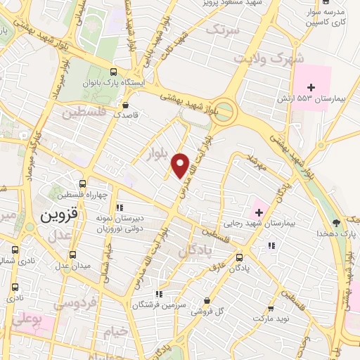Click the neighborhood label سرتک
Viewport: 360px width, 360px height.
(x=223, y=31)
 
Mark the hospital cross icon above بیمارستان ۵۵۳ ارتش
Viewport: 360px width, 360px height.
(x=312, y=86)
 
